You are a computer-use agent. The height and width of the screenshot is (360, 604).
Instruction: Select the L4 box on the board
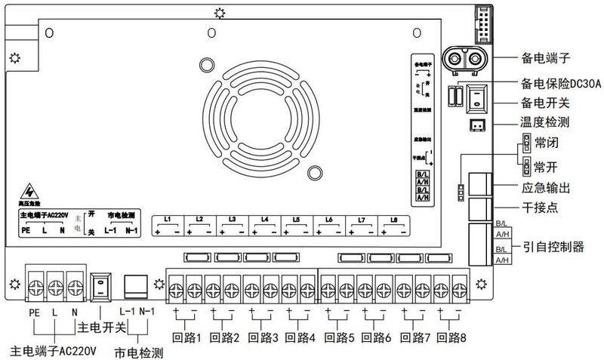(264, 225)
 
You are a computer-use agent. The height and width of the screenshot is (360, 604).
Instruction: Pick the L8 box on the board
(393, 225)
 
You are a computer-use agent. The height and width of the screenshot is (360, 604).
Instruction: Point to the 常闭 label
(546, 143)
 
